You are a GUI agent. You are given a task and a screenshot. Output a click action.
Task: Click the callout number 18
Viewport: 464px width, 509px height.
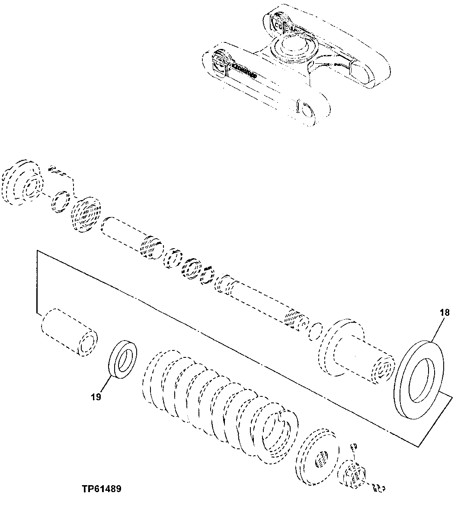(x=445, y=312)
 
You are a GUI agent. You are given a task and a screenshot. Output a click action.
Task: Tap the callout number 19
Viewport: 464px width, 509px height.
(x=96, y=396)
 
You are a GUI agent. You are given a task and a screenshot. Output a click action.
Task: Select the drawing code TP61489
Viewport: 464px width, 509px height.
(x=101, y=489)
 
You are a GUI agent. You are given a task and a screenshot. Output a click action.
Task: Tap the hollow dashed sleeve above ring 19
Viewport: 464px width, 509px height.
(x=69, y=331)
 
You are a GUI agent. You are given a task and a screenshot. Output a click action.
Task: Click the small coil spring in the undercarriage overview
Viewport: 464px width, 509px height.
(x=244, y=70)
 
